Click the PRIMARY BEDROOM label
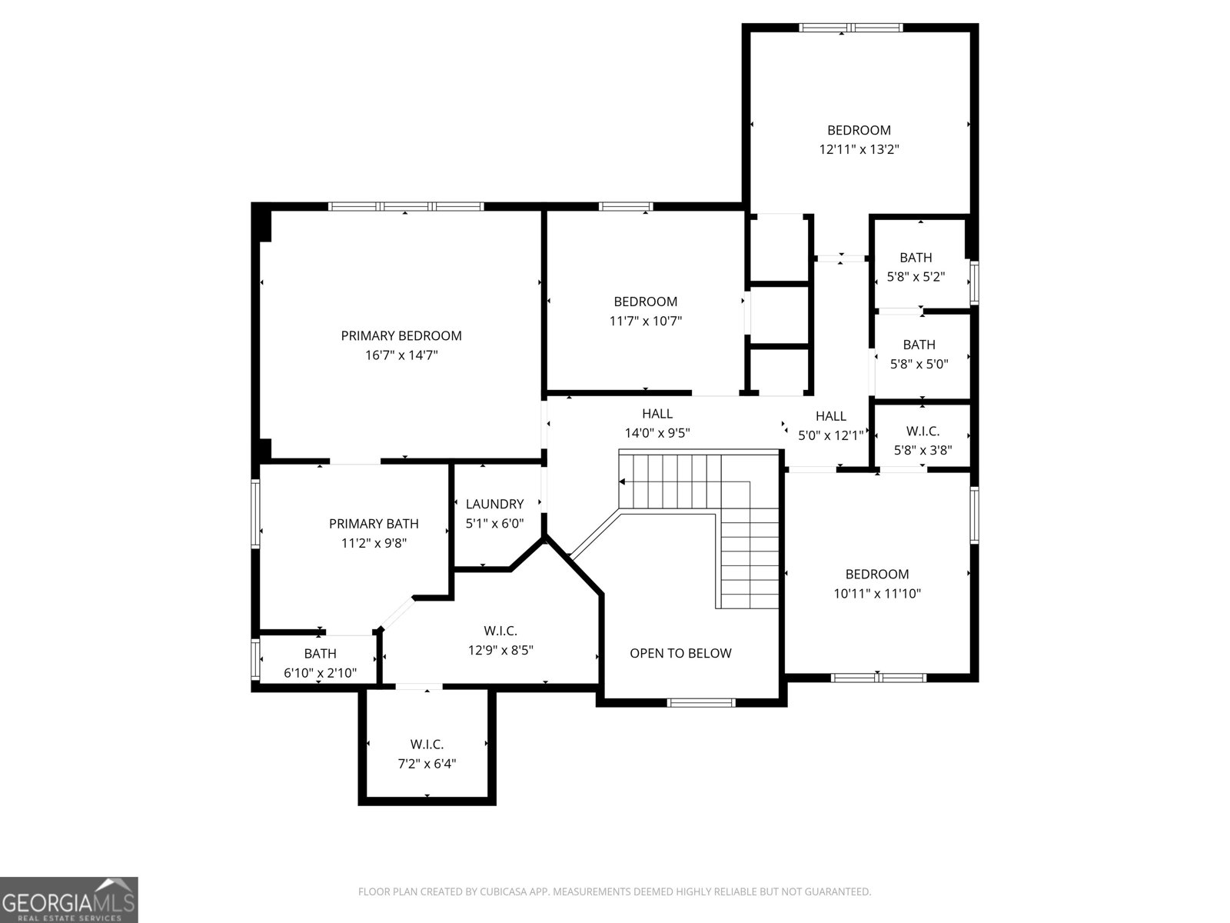coord(401,335)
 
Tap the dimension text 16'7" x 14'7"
coord(401,355)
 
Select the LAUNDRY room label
coord(494,504)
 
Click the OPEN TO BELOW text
coord(680,653)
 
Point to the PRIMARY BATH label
coord(374,524)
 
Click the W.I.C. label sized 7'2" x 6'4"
coord(427,744)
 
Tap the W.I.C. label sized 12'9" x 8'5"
coord(500,631)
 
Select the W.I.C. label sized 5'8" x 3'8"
coord(922,432)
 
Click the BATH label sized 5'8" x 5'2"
coord(916,258)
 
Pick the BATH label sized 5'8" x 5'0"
coord(919,345)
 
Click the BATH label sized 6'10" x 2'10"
coord(320,654)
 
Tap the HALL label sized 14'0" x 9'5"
coord(657,414)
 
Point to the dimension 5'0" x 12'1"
coord(830,435)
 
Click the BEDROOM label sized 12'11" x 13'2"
coord(859,130)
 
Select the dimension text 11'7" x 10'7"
coord(646,321)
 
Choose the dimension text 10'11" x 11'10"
coord(877,594)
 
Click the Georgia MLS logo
coord(68,899)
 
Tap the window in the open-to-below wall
coord(700,702)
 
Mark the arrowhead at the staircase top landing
coord(622,481)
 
